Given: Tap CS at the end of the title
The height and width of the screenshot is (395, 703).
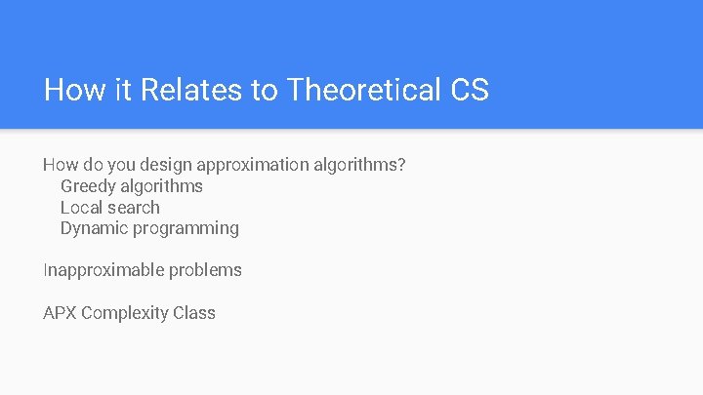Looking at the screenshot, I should pyautogui.click(x=470, y=91).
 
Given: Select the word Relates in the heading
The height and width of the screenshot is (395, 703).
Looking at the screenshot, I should pyautogui.click(x=194, y=91).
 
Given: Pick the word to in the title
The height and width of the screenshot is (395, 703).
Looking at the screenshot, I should pyautogui.click(x=264, y=91).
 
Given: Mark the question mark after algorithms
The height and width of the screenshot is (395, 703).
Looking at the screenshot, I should pyautogui.click(x=401, y=165).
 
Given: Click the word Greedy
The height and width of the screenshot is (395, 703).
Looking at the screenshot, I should pyautogui.click(x=88, y=186).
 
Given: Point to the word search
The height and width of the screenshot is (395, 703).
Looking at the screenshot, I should pyautogui.click(x=135, y=208).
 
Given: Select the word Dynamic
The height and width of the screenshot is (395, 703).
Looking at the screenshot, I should pyautogui.click(x=94, y=228).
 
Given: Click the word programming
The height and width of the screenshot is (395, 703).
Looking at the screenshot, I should pyautogui.click(x=186, y=229).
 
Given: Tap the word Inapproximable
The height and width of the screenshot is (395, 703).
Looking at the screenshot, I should pyautogui.click(x=103, y=270).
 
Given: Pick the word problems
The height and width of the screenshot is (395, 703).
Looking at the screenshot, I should pyautogui.click(x=205, y=270).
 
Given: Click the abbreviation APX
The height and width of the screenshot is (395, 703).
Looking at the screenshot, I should pyautogui.click(x=60, y=313).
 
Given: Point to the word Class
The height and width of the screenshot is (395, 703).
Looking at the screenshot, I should pyautogui.click(x=194, y=313).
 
